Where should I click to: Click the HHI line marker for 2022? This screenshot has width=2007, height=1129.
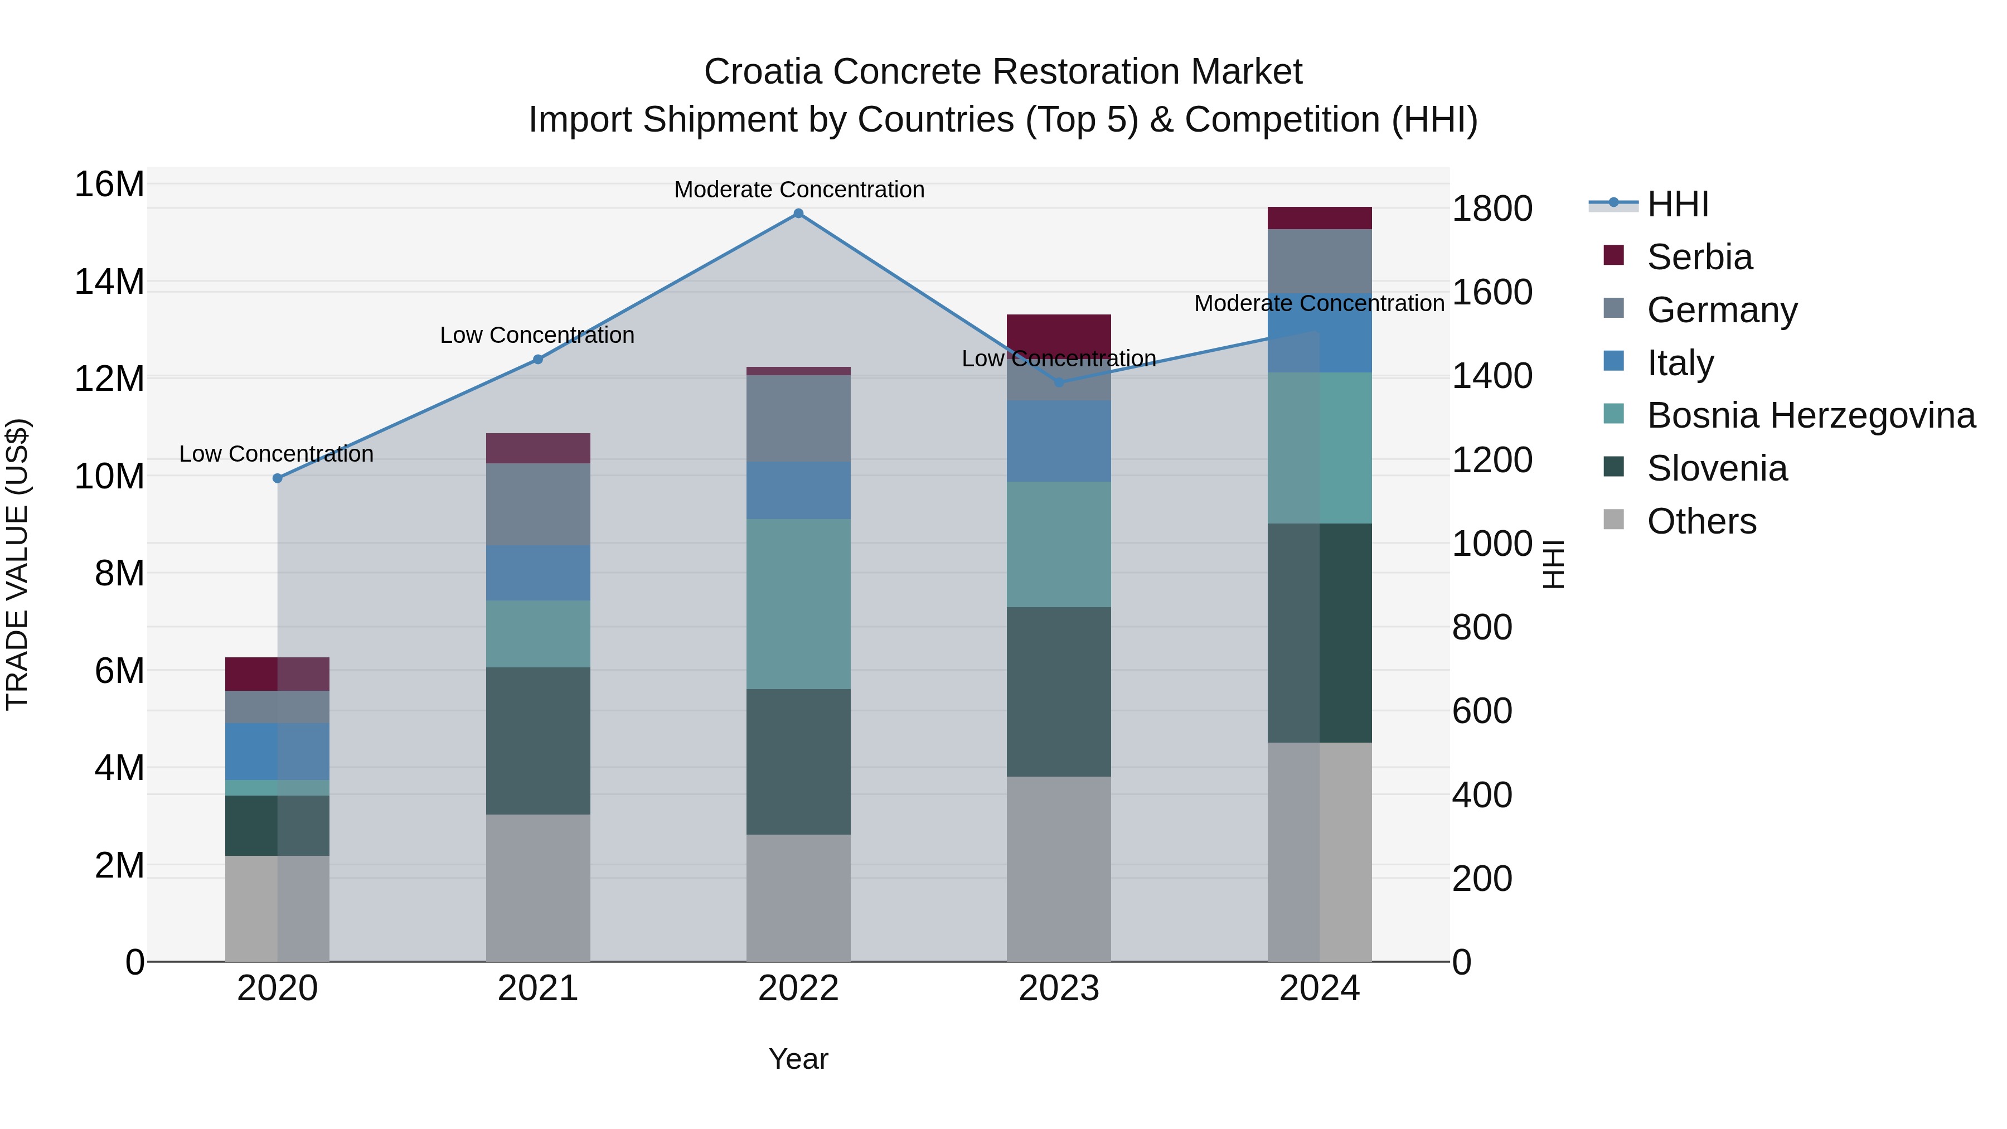(798, 214)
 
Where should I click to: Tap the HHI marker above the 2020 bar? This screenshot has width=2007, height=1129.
(278, 478)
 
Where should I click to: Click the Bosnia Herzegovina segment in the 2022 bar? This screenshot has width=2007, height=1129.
(798, 604)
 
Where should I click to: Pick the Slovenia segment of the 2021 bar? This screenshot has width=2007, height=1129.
(537, 740)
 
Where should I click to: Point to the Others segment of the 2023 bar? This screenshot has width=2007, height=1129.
(1058, 869)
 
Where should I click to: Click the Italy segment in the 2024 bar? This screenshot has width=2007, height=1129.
(1319, 333)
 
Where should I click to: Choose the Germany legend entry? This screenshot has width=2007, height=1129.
(1722, 310)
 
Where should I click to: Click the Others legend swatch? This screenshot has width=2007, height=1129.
(1613, 520)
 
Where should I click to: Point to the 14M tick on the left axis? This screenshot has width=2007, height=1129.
(109, 282)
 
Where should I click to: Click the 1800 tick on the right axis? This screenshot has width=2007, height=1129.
(1492, 209)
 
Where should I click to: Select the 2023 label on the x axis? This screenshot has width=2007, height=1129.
(1058, 989)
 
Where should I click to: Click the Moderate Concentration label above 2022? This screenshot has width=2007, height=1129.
(798, 190)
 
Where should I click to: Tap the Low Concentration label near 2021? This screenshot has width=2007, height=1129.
(537, 336)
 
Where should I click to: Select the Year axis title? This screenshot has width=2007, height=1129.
(798, 1059)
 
